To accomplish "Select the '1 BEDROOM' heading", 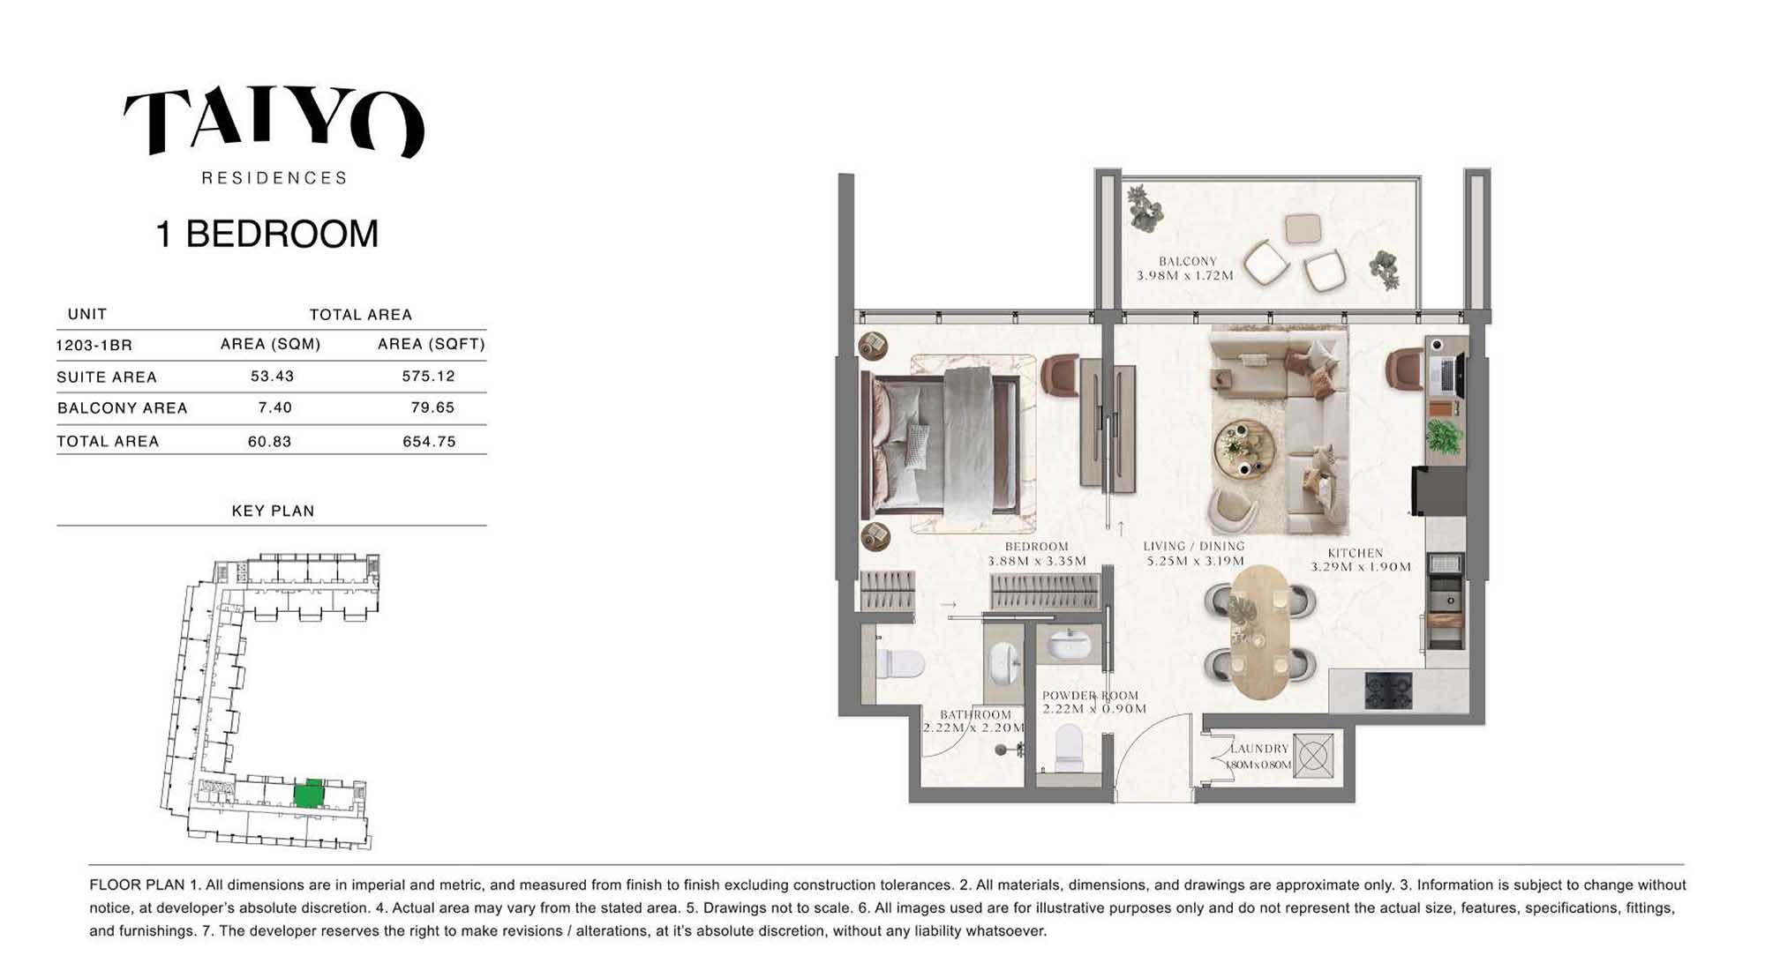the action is (267, 235).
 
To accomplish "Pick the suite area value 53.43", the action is (272, 377).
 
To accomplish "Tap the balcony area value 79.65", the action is (432, 407).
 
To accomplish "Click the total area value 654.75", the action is (429, 441).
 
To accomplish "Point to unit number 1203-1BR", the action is (94, 345).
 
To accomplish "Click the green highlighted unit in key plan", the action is (308, 794).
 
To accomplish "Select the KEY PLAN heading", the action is (273, 511).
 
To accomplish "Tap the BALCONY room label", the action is (1188, 261).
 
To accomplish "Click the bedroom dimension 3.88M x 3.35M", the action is (1037, 561).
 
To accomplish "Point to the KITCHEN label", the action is (1356, 553).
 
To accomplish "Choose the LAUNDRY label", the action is (1259, 749).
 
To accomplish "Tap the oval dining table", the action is (1259, 630).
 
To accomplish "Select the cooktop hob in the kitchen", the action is (1388, 691).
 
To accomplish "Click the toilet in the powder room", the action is (1069, 748).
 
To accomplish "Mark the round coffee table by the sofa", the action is (1244, 450).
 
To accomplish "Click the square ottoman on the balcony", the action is (1303, 228).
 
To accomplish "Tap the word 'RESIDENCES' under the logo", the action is (274, 178).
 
